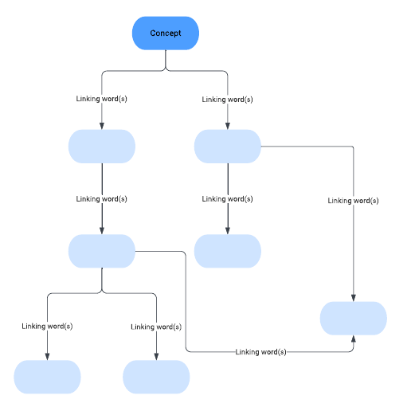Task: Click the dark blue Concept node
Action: coord(166,33)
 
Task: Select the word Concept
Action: coord(166,33)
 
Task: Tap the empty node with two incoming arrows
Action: coord(353,318)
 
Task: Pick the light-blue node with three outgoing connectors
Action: coord(102,251)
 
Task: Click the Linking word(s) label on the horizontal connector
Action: coord(260,352)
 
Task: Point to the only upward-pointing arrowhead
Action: coord(354,339)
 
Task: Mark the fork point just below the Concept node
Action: coord(166,68)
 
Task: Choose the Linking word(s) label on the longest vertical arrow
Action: coord(353,201)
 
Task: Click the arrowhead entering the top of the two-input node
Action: coord(354,298)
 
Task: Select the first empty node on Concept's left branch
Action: coord(102,147)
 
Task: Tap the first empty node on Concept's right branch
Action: coord(228,147)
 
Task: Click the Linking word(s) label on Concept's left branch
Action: coord(102,99)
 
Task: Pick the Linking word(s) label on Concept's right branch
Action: coord(227,100)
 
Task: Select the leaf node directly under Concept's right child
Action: coord(228,251)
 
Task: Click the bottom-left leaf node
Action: coord(47,377)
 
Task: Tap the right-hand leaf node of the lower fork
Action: coord(156,377)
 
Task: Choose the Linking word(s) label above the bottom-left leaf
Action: coord(47,327)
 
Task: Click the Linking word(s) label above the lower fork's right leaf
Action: coord(156,327)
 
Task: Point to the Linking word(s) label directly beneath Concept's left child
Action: coord(102,199)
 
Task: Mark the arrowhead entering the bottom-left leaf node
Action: coord(47,357)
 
